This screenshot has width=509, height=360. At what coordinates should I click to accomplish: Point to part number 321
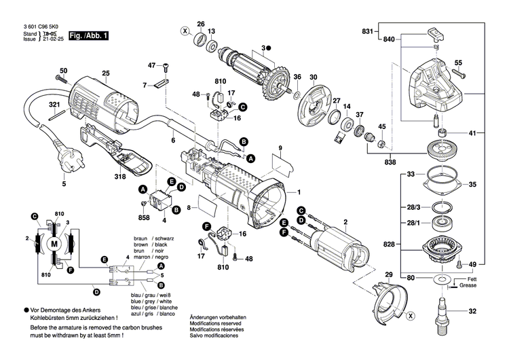click(54, 105)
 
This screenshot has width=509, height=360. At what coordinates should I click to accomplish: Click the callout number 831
click(367, 32)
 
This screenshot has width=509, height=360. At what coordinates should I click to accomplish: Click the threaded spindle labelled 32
click(444, 312)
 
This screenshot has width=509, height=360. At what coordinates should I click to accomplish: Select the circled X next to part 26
click(184, 31)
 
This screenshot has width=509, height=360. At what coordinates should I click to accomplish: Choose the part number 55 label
click(457, 62)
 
